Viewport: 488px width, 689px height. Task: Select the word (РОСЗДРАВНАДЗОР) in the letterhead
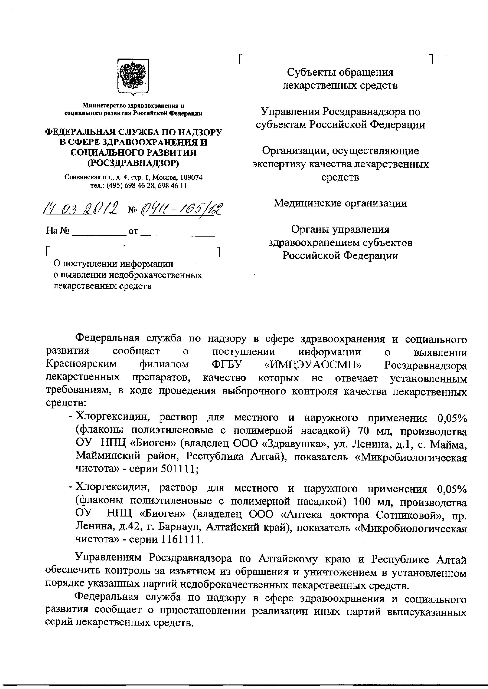coord(133,163)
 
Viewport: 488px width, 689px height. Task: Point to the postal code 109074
coord(191,177)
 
